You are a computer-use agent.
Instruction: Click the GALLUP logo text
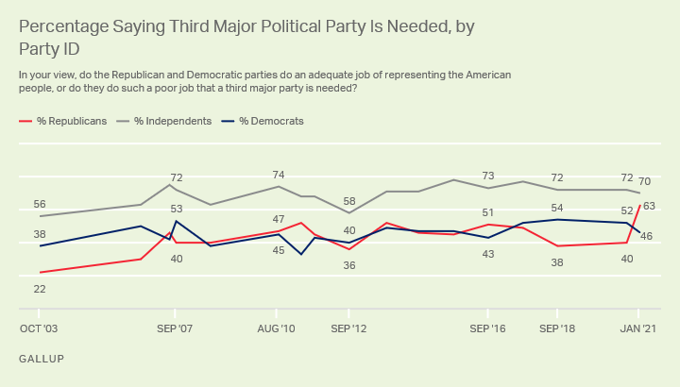pyautogui.click(x=42, y=360)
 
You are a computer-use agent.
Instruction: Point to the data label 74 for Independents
pyautogui.click(x=278, y=175)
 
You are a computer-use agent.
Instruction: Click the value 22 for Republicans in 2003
pyautogui.click(x=40, y=289)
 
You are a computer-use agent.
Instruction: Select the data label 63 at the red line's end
pyautogui.click(x=649, y=206)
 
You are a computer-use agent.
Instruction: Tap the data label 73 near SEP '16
pyautogui.click(x=488, y=176)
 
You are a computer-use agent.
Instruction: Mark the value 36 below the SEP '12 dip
pyautogui.click(x=349, y=265)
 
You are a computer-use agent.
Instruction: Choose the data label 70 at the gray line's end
pyautogui.click(x=645, y=181)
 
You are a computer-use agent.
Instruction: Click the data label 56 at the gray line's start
pyautogui.click(x=40, y=205)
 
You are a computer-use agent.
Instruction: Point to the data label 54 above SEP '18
pyautogui.click(x=557, y=208)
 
